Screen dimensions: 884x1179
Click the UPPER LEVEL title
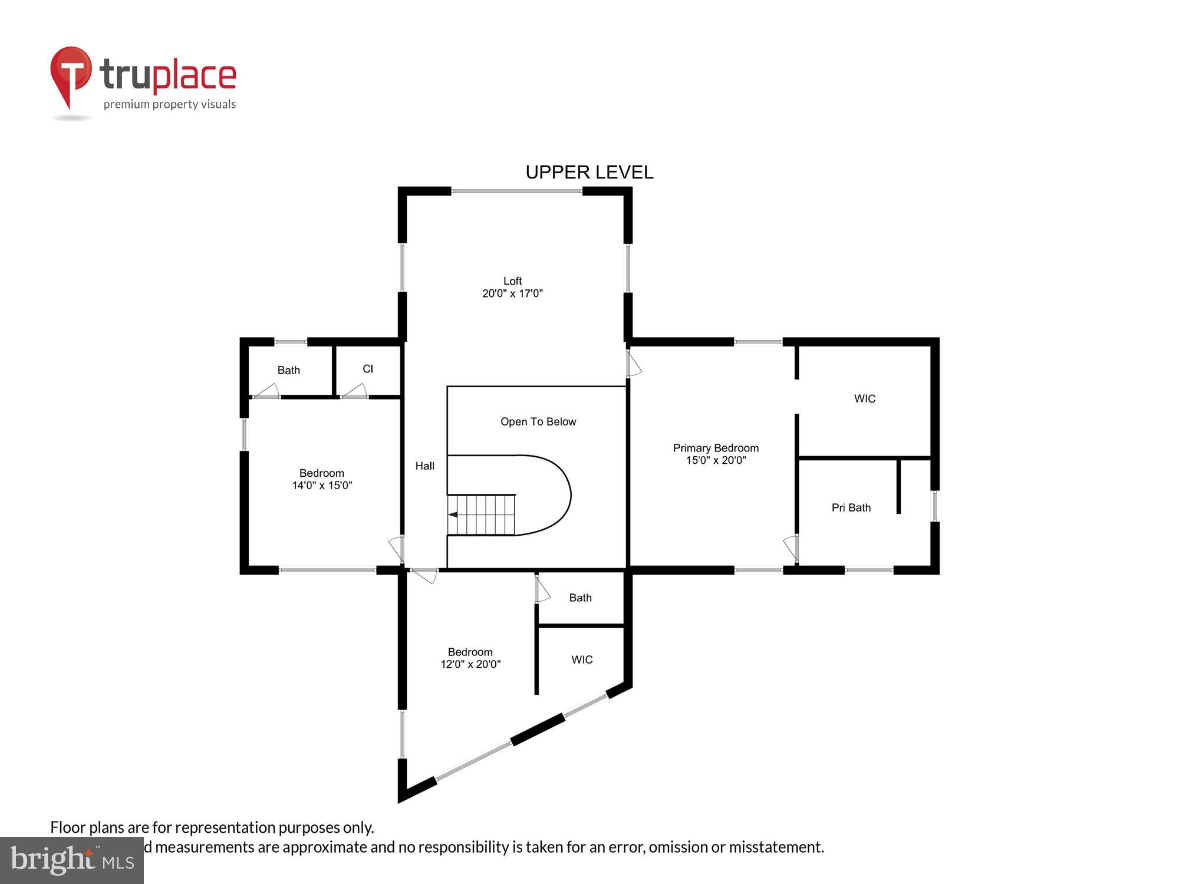point(589,172)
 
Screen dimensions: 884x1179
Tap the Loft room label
point(512,281)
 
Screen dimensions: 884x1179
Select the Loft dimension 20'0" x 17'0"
point(512,293)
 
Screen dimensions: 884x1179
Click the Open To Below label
point(538,421)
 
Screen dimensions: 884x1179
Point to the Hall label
point(424,466)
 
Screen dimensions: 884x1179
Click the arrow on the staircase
point(453,514)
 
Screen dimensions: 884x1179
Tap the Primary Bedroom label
point(716,448)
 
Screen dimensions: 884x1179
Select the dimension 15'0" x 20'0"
point(716,460)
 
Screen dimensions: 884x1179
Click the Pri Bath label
point(851,507)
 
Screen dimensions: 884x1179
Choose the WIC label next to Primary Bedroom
point(864,398)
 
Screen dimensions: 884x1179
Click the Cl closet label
point(368,369)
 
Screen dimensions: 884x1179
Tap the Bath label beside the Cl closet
point(288,370)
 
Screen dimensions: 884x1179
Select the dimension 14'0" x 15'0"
point(322,486)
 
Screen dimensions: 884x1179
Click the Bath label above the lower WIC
point(580,598)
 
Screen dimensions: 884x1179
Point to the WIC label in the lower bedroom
point(581,659)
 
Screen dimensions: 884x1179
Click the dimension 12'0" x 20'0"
point(470,664)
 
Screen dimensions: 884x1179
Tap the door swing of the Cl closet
point(356,391)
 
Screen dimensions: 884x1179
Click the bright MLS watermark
point(72,860)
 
